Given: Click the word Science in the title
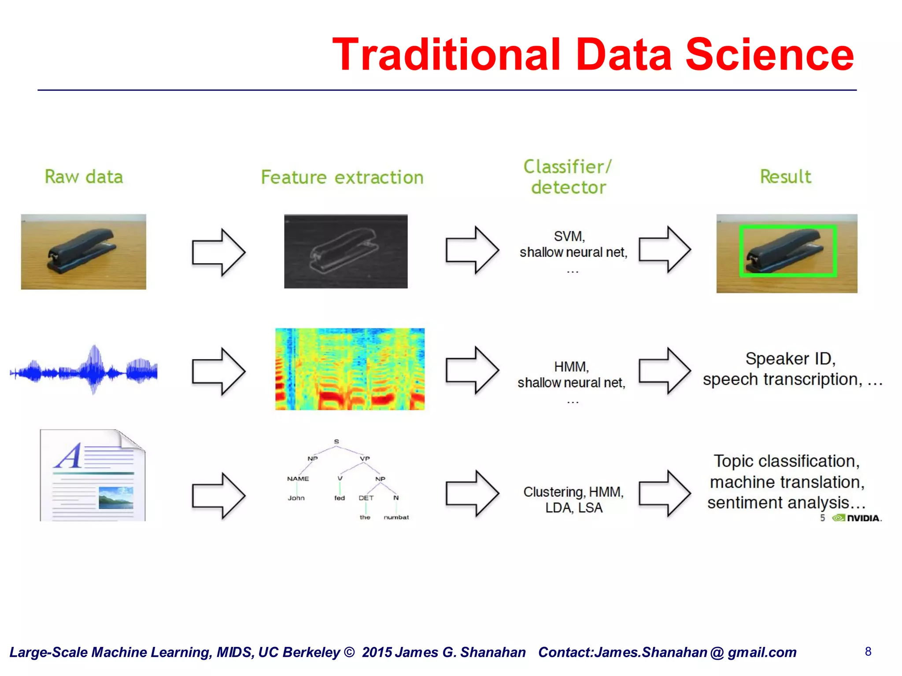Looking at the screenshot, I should point(769,55).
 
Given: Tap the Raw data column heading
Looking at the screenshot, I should point(84,177).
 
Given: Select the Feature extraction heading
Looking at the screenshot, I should point(342,177).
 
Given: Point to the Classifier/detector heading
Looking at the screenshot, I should point(568,177).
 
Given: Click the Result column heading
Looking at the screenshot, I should point(785,176).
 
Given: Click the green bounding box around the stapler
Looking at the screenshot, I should point(787,227).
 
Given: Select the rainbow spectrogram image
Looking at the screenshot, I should point(350,369).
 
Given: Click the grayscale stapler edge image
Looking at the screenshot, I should point(346,251).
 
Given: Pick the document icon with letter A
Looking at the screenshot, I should point(92,475).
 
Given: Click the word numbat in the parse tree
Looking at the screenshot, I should point(396,518).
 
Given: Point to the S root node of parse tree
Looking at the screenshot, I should point(336,441).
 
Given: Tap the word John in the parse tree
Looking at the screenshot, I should point(296,498).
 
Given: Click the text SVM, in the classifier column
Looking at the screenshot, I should point(569,236).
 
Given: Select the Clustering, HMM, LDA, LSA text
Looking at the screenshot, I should point(573,500).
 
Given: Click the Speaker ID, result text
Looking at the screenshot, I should point(791,359).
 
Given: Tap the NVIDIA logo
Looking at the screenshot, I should point(857,518).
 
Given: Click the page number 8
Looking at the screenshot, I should point(868,651).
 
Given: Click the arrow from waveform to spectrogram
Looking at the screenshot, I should point(218,371).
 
